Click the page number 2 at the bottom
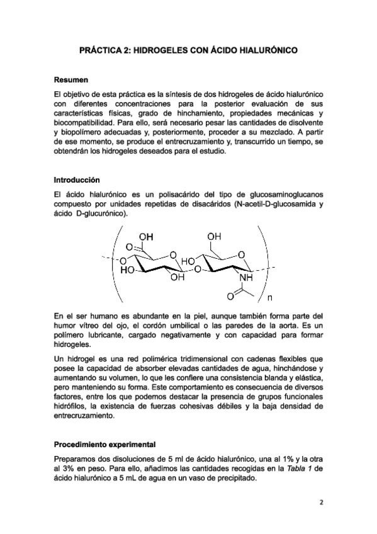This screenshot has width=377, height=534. pyautogui.click(x=320, y=503)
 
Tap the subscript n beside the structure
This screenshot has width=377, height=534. pyautogui.click(x=270, y=298)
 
